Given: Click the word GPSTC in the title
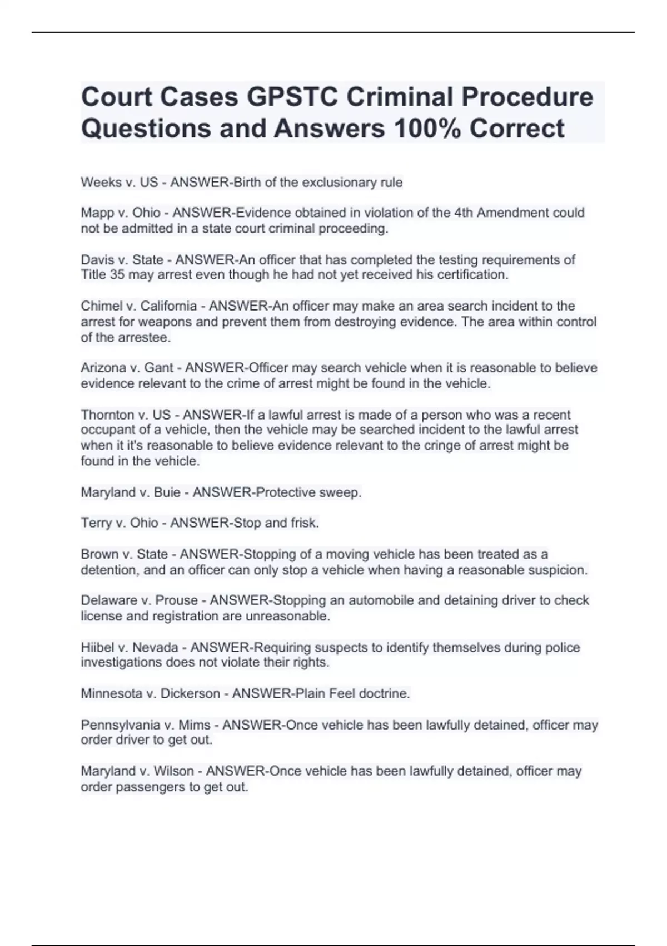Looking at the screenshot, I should pyautogui.click(x=292, y=97).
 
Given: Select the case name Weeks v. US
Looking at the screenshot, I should pyautogui.click(x=120, y=183).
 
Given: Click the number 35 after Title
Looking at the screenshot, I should pyautogui.click(x=117, y=275).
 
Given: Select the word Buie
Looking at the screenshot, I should pyautogui.click(x=167, y=492).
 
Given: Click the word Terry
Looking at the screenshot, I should pyautogui.click(x=96, y=523).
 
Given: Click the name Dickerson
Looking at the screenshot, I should pyautogui.click(x=190, y=694).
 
